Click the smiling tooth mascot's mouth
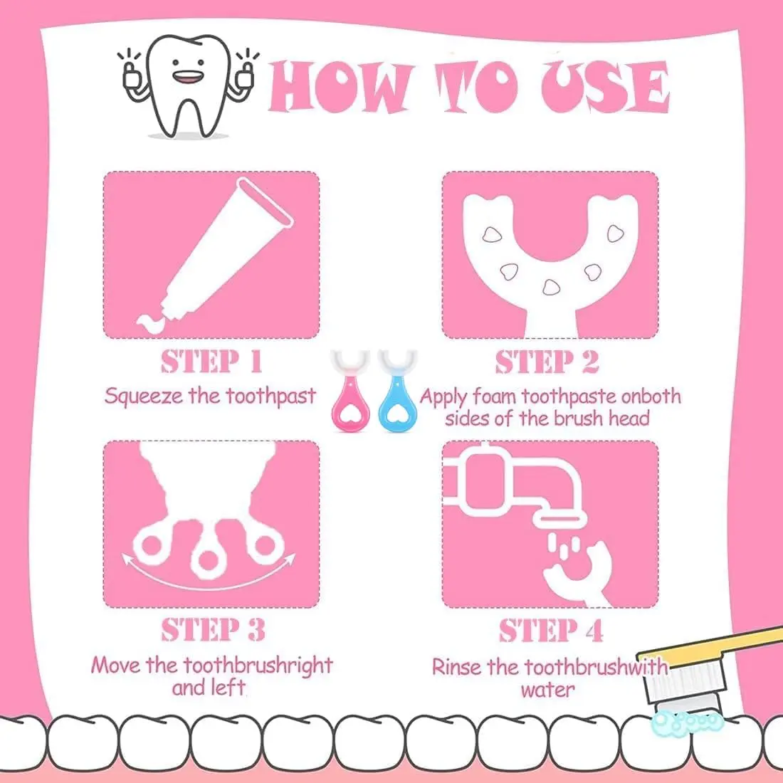[x=188, y=76]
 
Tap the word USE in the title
[x=605, y=86]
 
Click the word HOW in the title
[x=341, y=87]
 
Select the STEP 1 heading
[x=211, y=362]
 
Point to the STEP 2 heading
[x=547, y=362]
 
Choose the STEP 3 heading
[x=214, y=630]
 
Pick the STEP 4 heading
[x=551, y=630]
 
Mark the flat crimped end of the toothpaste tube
[x=265, y=202]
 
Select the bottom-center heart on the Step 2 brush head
[x=551, y=287]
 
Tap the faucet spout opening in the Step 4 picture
[x=559, y=520]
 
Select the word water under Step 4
[x=548, y=690]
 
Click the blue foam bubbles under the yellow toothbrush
[x=688, y=722]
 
